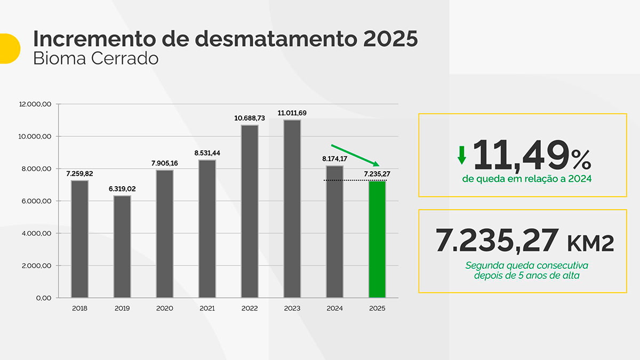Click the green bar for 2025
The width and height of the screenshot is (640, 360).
click(x=377, y=239)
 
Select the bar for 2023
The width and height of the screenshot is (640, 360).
click(x=292, y=209)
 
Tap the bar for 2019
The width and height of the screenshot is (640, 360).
click(x=122, y=246)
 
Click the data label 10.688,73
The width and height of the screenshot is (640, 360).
click(x=250, y=118)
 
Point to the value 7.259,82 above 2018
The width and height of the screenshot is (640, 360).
click(x=79, y=174)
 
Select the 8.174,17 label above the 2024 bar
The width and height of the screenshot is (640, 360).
click(x=335, y=158)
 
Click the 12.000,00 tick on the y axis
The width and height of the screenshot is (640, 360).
click(x=35, y=105)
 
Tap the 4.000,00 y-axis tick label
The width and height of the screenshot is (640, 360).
click(x=36, y=234)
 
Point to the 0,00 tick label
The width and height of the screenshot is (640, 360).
click(x=43, y=298)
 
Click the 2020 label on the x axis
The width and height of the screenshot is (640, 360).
click(x=165, y=308)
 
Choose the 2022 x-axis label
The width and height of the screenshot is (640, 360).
click(x=250, y=308)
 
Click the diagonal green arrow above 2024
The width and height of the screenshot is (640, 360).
click(x=355, y=155)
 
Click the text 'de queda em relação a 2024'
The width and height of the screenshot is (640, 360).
click(x=526, y=179)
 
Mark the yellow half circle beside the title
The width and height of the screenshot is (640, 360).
click(x=9, y=49)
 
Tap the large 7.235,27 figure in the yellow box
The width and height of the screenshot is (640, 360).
click(x=497, y=241)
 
